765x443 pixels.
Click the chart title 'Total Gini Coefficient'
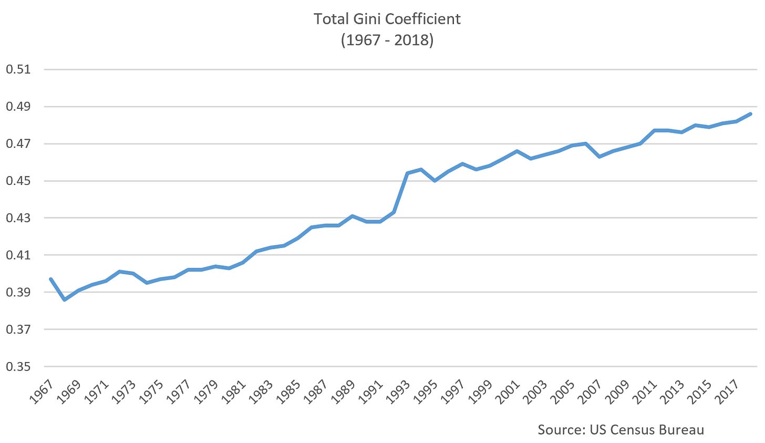click(x=387, y=19)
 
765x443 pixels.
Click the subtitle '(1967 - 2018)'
click(x=387, y=40)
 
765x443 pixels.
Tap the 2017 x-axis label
click(x=726, y=391)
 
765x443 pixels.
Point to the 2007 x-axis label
click(x=589, y=391)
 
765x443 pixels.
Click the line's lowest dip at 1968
click(x=65, y=300)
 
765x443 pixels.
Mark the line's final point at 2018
click(x=751, y=114)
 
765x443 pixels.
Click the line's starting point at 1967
click(x=51, y=279)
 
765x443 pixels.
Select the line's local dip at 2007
click(x=599, y=157)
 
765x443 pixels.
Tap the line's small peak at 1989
click(x=353, y=216)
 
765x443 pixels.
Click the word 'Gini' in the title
click(x=368, y=19)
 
